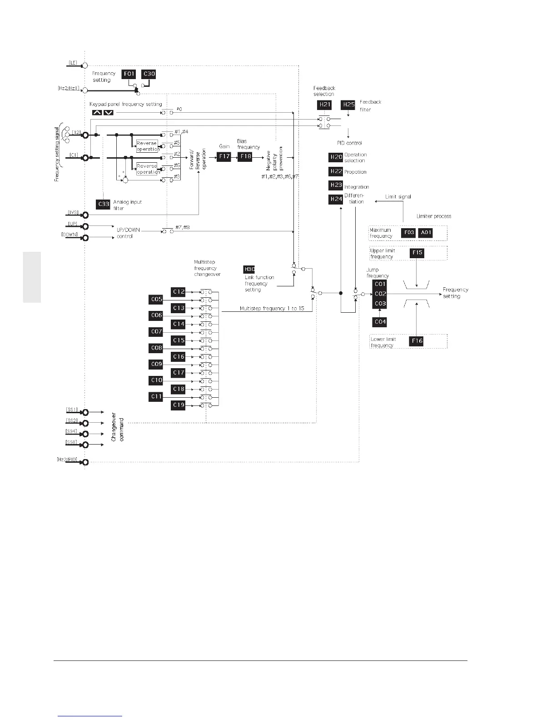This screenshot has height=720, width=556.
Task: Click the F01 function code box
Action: click(129, 74)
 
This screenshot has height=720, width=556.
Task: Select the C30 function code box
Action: click(149, 74)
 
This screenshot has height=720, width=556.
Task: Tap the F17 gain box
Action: click(224, 156)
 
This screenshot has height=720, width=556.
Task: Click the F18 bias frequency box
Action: click(245, 156)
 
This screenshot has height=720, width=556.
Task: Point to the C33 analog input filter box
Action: click(104, 204)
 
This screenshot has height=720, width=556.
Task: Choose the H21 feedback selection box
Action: click(324, 105)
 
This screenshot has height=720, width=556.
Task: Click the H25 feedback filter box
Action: click(348, 105)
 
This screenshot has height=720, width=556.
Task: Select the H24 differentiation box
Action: click(336, 199)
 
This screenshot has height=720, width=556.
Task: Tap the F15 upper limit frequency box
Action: click(417, 253)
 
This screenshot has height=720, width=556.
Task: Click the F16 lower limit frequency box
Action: click(417, 340)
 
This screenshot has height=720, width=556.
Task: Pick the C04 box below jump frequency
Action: click(380, 322)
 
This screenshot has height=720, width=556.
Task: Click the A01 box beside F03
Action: click(426, 233)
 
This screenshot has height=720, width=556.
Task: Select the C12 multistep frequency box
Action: click(179, 292)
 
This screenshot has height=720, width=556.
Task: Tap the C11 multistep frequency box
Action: click(156, 396)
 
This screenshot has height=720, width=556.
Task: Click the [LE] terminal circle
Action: click(84, 66)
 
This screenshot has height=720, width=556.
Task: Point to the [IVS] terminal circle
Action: click(84, 215)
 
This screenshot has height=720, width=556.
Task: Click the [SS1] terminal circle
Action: click(84, 412)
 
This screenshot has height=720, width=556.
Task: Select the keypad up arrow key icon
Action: click(97, 112)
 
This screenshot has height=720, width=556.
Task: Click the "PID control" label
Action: click(349, 143)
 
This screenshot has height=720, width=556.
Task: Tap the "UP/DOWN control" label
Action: click(128, 233)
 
